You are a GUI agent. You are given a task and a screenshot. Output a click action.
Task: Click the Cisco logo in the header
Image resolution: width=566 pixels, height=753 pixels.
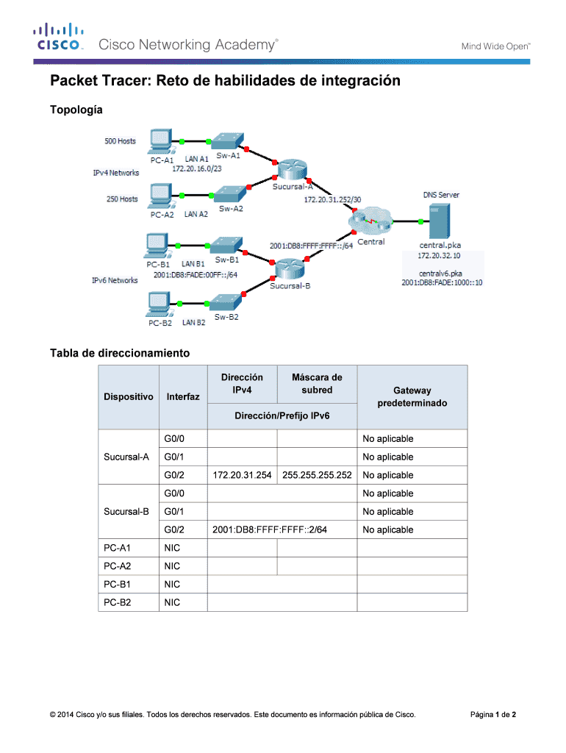point(57,38)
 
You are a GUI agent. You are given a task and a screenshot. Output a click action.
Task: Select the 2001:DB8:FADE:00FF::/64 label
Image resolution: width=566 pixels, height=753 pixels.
point(196,274)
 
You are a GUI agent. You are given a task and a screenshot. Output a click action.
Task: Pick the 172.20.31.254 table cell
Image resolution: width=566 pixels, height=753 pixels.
point(241,475)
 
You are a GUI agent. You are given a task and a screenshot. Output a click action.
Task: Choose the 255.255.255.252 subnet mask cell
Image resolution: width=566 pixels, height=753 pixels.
point(316,475)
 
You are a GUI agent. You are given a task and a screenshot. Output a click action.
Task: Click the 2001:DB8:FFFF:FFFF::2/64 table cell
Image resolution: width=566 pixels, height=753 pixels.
point(270,529)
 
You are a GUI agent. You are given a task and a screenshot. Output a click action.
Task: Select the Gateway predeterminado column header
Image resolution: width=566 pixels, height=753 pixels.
point(412,397)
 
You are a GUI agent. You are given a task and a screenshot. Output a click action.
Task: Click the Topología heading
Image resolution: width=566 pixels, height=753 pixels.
point(76,110)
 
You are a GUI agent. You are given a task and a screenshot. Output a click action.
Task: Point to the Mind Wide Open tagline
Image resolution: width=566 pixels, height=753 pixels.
point(495,46)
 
